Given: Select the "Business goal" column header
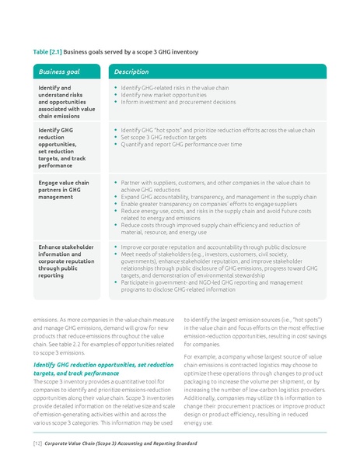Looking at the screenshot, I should pyautogui.click(x=58, y=72).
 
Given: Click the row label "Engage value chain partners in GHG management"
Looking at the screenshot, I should pyautogui.click(x=64, y=189).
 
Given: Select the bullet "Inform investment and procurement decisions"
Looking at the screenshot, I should pyautogui.click(x=178, y=101).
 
